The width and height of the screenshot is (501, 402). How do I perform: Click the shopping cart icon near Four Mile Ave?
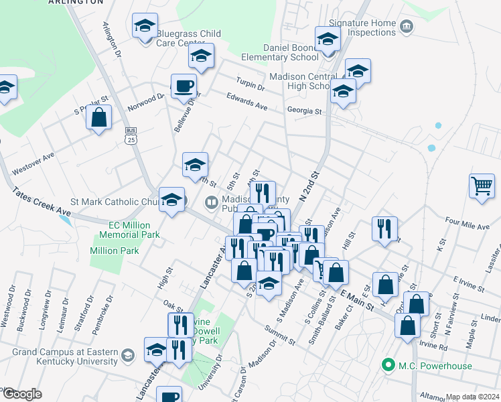482,185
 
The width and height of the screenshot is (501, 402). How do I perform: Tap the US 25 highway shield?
131,135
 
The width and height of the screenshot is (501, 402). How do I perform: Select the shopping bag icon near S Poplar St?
99,117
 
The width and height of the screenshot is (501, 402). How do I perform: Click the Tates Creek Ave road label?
40,202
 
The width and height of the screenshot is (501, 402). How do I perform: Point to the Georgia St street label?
305,112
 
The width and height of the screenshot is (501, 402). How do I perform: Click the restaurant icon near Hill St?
385,227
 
